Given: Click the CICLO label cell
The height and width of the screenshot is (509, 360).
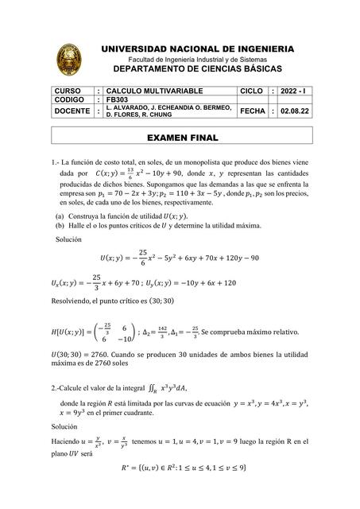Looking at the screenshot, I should (251, 92).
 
